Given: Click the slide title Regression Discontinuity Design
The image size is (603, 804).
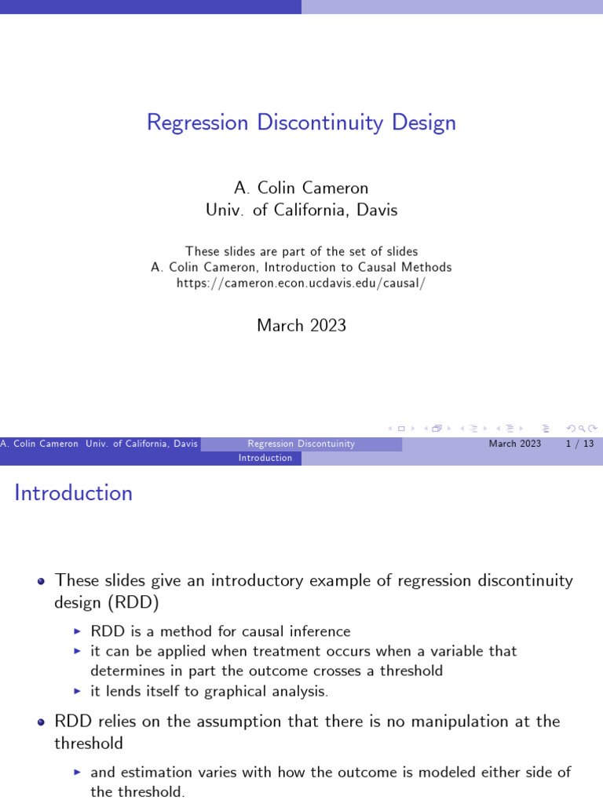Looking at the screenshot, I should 301,123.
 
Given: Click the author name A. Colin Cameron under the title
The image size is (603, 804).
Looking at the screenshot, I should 301,188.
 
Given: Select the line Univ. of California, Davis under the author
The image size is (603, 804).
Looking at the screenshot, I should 301,210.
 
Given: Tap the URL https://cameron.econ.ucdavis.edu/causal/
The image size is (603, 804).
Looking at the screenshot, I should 301,283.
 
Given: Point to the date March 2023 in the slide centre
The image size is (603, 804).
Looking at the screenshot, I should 301,326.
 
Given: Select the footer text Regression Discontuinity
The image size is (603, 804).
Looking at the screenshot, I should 301,444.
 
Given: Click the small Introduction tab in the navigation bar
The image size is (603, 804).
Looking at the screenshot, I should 265,458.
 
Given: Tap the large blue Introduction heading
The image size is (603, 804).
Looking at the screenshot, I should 74,493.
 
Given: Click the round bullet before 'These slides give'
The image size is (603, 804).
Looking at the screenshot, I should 41,582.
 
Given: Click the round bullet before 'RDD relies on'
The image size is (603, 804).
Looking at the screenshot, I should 41,722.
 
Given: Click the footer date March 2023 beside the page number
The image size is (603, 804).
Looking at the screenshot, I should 515,444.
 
